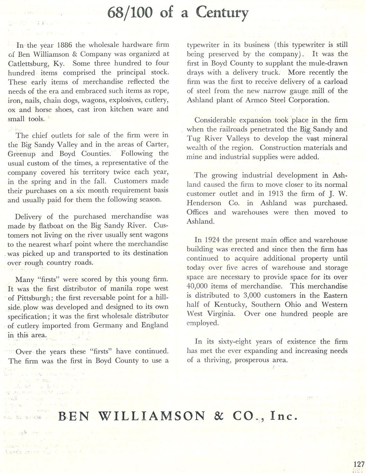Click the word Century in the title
[x=222, y=13]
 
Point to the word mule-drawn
[x=328, y=63]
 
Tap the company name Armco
[x=256, y=100]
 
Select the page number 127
[x=358, y=464]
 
